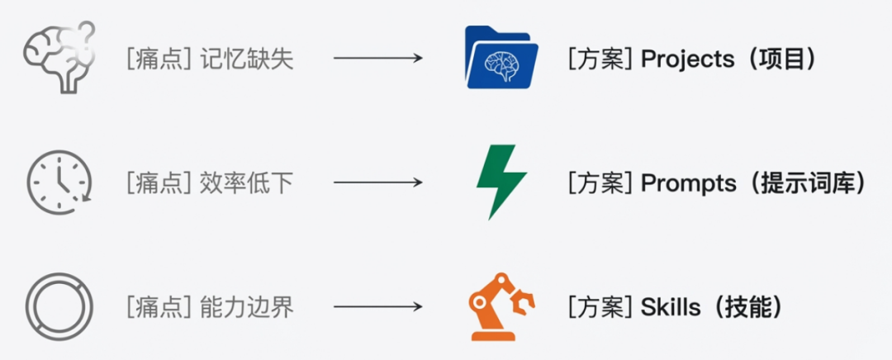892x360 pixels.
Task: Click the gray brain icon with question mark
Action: coord(59,57)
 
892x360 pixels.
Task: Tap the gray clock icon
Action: coord(59,182)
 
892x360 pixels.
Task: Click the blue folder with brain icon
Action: coord(501,58)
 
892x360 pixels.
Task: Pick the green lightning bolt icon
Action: coord(501,182)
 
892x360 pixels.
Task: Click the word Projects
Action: coord(687,59)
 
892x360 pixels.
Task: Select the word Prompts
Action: coord(688,183)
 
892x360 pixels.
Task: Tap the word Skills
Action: coord(670,308)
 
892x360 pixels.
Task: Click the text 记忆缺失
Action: coord(247,59)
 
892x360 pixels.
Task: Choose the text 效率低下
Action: coord(247,183)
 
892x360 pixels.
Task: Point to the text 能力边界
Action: coord(247,308)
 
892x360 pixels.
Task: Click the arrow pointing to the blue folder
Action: coord(377,59)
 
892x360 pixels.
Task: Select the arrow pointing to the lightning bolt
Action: coord(377,182)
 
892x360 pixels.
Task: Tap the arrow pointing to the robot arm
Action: coord(377,307)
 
